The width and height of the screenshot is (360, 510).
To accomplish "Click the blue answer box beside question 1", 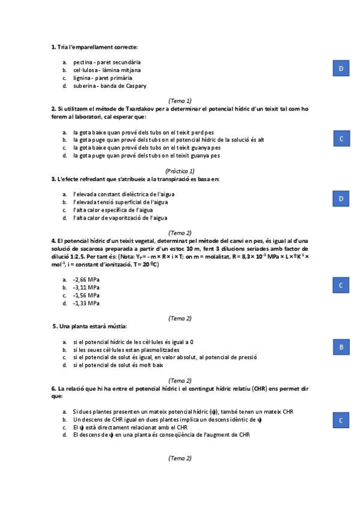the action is [x=341, y=69].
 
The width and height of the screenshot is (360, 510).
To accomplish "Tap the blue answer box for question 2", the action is [x=341, y=139].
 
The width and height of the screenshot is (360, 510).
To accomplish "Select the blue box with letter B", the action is [x=341, y=347].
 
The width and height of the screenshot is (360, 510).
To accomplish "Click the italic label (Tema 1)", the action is [x=180, y=100].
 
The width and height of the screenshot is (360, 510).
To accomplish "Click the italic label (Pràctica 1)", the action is [x=180, y=171].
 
